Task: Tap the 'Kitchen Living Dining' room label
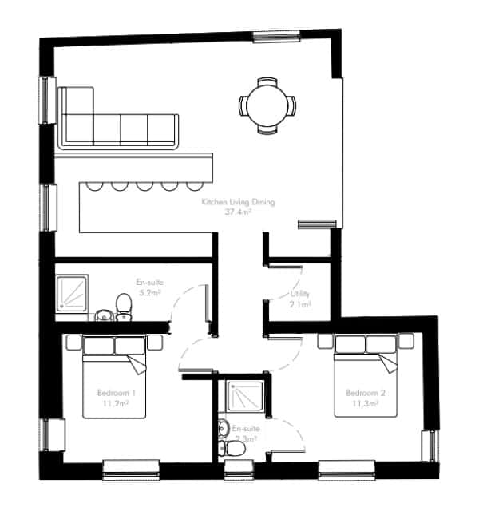pos(238,203)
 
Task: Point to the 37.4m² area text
pos(239,213)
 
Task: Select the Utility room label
pos(300,294)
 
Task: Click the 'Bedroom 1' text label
pos(117,393)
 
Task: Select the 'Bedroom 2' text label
pos(366,393)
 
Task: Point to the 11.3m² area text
pos(366,404)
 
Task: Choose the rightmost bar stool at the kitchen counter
pos(194,186)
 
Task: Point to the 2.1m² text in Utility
pos(300,304)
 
